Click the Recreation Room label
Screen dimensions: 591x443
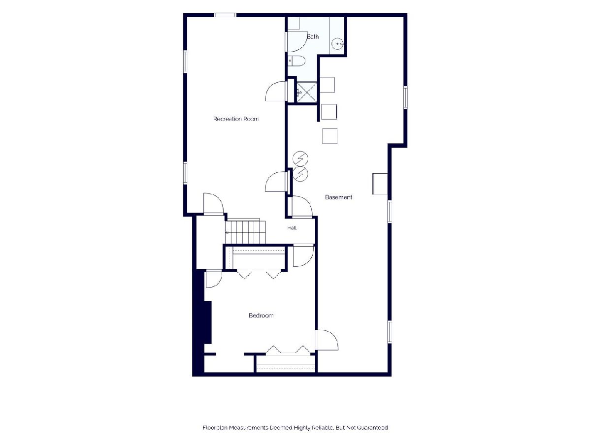click(236, 119)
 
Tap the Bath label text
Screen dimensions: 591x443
click(313, 36)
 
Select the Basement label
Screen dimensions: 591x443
click(338, 197)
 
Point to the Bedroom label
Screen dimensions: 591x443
click(261, 315)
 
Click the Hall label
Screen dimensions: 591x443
click(292, 228)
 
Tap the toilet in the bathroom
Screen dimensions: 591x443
click(296, 61)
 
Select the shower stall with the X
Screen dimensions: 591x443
click(307, 92)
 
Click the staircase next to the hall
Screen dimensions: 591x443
click(245, 231)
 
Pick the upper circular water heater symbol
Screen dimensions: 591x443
click(300, 158)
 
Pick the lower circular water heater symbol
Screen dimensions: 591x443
click(300, 174)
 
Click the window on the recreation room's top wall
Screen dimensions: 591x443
click(225, 15)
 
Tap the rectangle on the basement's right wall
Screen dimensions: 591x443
click(380, 184)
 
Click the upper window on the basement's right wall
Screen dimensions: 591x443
click(405, 97)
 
